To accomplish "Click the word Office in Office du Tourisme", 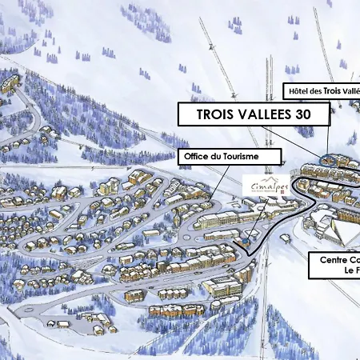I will pyautogui.click(x=198, y=155).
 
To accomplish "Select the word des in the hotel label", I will pyautogui.click(x=322, y=90).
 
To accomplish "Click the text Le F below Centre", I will pyautogui.click(x=350, y=272).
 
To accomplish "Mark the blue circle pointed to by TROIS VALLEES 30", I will pyautogui.click(x=326, y=159).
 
